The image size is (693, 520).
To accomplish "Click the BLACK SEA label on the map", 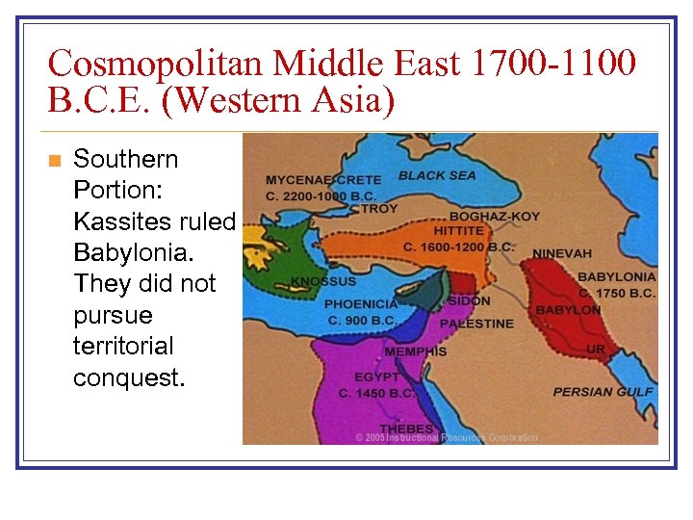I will [x=437, y=176].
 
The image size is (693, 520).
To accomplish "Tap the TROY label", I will [x=379, y=209].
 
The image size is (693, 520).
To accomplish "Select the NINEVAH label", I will [x=562, y=253].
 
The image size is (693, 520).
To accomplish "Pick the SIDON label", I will [x=469, y=301].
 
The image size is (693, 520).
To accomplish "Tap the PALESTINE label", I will [x=476, y=324].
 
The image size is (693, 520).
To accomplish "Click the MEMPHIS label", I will [x=416, y=351].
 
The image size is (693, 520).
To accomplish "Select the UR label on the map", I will [x=596, y=349].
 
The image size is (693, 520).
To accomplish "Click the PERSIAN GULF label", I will [x=603, y=392].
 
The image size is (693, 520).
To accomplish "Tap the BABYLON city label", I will [x=568, y=310].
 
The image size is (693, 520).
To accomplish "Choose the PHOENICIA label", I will [x=362, y=305].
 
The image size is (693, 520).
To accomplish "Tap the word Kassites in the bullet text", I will [x=120, y=221].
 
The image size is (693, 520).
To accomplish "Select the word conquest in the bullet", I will [x=128, y=377].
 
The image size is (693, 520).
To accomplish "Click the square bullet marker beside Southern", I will [x=54, y=160].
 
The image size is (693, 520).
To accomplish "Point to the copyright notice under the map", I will [x=447, y=437].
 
